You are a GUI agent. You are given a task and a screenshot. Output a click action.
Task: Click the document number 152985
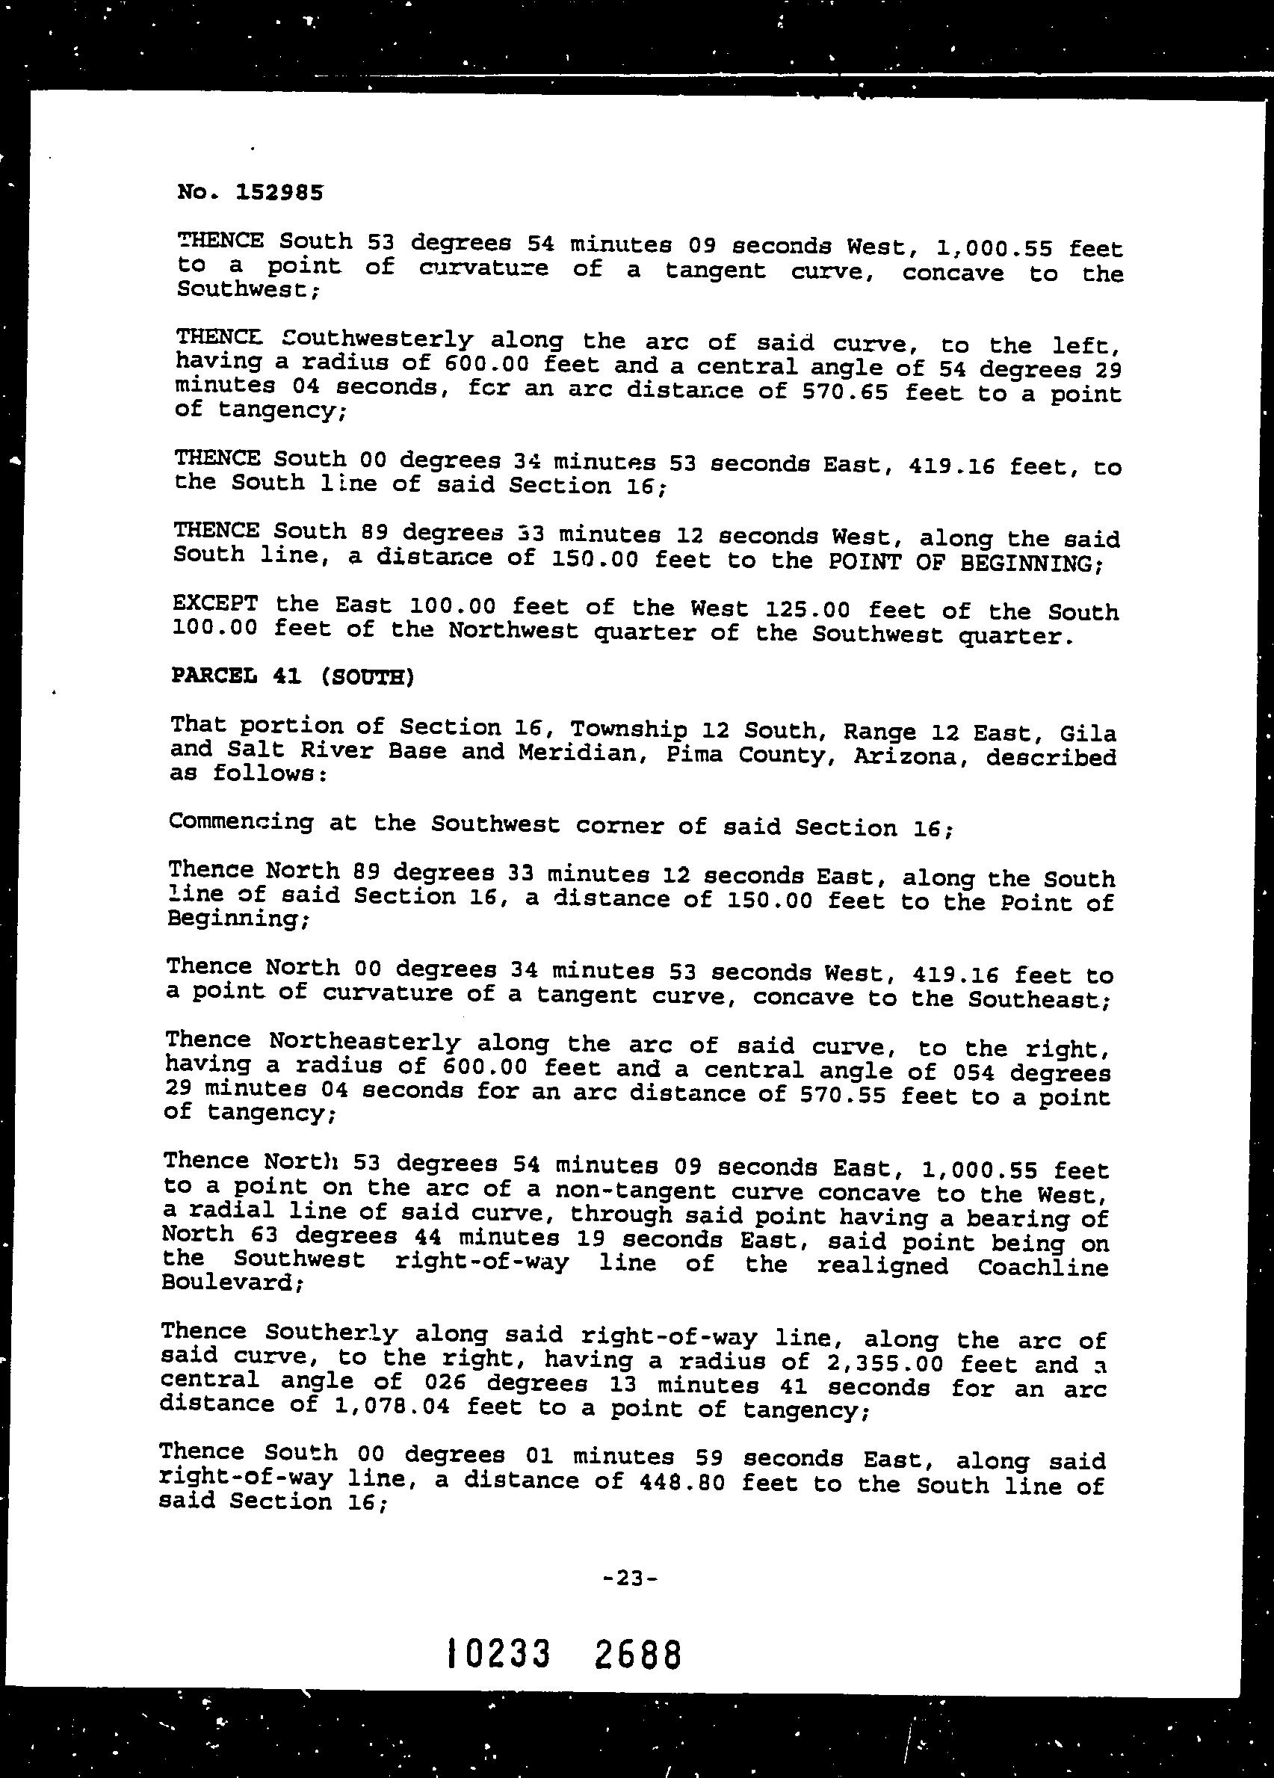279,192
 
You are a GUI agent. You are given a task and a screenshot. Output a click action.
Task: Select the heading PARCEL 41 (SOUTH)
291,676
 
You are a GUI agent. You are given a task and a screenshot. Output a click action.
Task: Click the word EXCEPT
214,604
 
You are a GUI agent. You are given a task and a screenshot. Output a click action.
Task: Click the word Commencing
241,822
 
